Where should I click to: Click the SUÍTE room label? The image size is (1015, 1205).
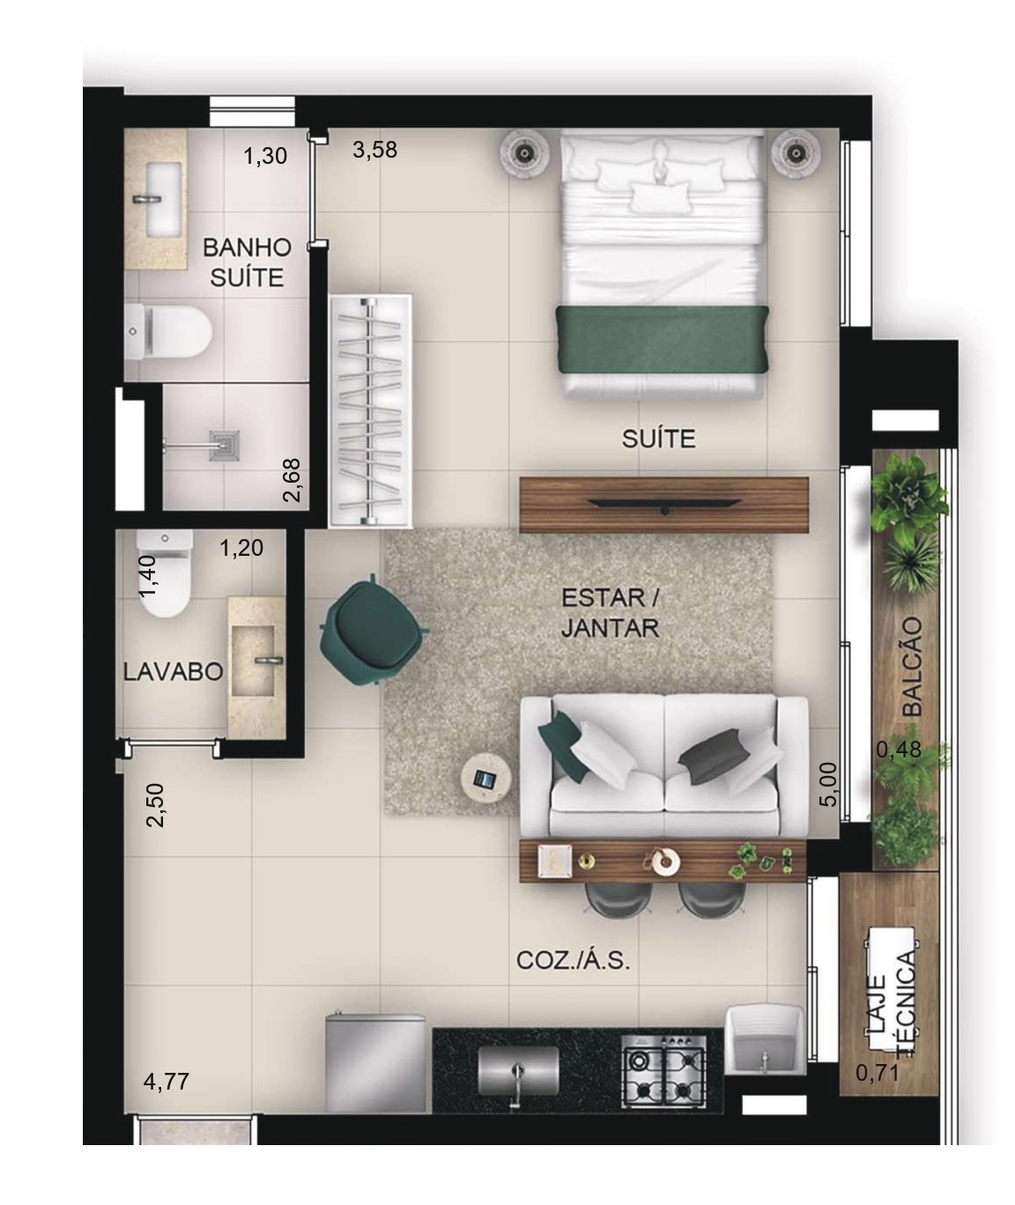point(658,440)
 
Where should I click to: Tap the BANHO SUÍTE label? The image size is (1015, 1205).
point(247,262)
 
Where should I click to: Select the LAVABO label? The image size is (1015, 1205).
point(174,672)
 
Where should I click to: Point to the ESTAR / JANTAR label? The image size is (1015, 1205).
point(611,613)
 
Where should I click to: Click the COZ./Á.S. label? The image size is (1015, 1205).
point(574,961)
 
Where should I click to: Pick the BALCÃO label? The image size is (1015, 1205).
point(913,667)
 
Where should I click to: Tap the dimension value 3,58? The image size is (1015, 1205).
point(374,150)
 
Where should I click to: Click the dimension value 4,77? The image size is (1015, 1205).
point(167,1082)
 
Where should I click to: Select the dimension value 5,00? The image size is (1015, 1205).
point(828,784)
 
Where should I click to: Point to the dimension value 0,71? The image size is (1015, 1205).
point(877,1073)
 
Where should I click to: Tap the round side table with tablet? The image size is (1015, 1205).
point(486,779)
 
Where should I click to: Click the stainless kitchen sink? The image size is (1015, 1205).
point(518,1079)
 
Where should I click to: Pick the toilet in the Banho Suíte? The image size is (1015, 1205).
point(168,332)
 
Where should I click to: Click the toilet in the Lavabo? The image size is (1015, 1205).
point(165,573)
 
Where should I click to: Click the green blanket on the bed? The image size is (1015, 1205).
point(663,340)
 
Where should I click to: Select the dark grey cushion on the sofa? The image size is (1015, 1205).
point(710,756)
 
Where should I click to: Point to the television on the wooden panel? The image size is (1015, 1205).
point(664,504)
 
